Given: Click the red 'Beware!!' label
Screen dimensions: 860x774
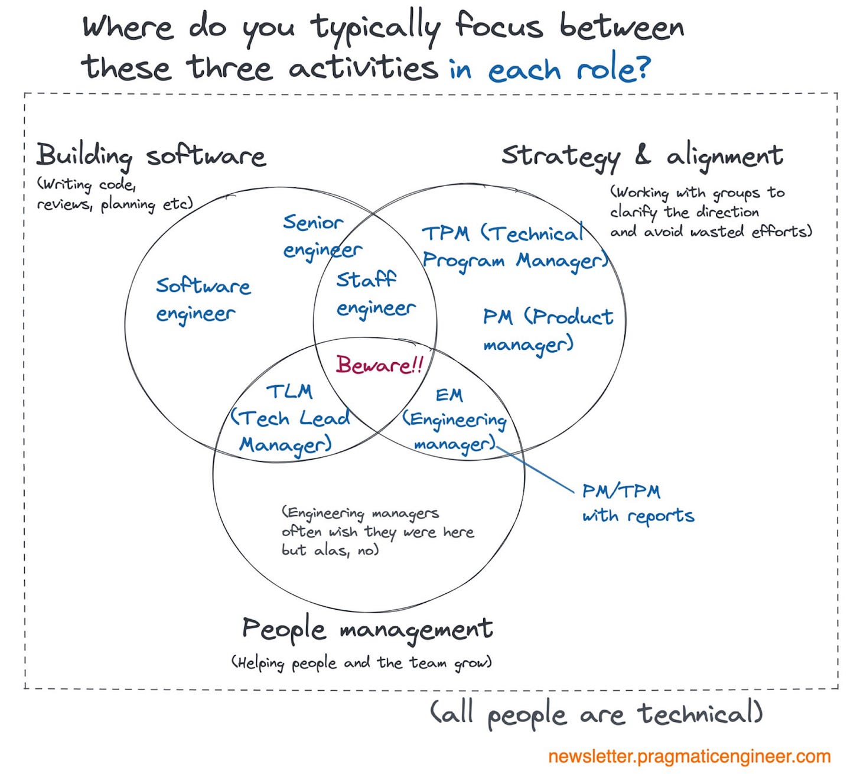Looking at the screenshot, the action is [x=379, y=365].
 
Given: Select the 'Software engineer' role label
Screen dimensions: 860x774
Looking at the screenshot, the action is [x=203, y=300].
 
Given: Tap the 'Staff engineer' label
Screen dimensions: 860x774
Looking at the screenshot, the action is [x=375, y=294].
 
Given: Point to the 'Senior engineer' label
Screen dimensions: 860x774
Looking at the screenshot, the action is [x=321, y=236].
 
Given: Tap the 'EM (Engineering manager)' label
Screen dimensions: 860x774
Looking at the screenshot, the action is [x=454, y=419].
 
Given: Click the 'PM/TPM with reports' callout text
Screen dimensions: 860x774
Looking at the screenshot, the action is [x=637, y=503].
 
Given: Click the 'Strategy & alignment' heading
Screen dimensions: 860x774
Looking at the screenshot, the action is [x=641, y=156].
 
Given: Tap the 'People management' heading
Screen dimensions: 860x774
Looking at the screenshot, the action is [x=367, y=629].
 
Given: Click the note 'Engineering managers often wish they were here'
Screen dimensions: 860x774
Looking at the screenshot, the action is [x=377, y=531].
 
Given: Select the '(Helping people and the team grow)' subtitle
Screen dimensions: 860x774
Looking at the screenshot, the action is [x=361, y=663].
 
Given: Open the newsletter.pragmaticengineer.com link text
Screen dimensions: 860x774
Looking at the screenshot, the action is [x=689, y=757].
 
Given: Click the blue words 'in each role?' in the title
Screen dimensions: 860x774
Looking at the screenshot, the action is [x=549, y=70].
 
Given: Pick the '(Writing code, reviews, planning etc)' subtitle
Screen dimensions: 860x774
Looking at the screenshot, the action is [x=114, y=194].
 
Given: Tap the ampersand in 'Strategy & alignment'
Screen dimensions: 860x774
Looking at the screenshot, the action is [x=643, y=154].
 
